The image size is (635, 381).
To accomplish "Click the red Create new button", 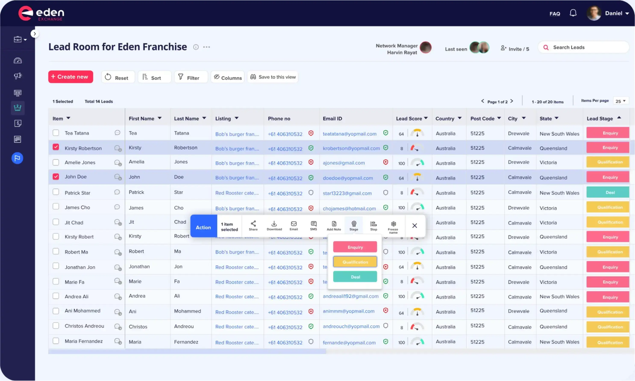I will pyautogui.click(x=71, y=77).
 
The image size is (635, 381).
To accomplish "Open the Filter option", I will pyautogui.click(x=191, y=77).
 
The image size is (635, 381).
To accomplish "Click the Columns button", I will pyautogui.click(x=228, y=77).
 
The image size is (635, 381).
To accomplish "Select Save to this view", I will pyautogui.click(x=273, y=77).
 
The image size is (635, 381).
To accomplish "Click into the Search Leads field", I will pyautogui.click(x=586, y=47).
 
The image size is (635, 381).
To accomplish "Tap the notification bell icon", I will pyautogui.click(x=573, y=13).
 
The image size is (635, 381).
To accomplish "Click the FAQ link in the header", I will pyautogui.click(x=554, y=14).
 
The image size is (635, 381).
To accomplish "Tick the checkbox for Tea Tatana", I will pyautogui.click(x=56, y=133).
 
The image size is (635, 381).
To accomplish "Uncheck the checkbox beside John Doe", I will pyautogui.click(x=56, y=177).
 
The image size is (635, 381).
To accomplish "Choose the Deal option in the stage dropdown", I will pyautogui.click(x=355, y=277).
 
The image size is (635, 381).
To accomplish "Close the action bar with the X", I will pyautogui.click(x=415, y=226).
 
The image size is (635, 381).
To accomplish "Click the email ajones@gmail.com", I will pyautogui.click(x=344, y=163).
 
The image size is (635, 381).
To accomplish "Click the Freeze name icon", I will pyautogui.click(x=393, y=226).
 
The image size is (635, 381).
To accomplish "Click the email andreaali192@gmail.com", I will pyautogui.click(x=350, y=296).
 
